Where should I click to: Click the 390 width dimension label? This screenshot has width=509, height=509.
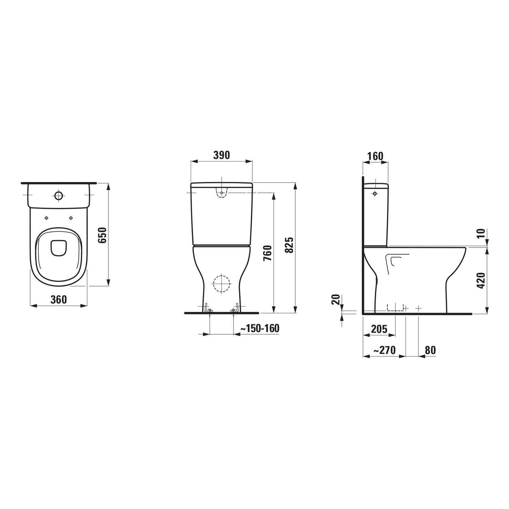point(222,155)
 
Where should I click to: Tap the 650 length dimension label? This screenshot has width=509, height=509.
point(102,235)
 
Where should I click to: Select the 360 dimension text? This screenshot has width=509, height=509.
point(59,300)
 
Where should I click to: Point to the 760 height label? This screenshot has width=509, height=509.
point(267,253)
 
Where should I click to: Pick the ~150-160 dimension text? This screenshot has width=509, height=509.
point(260,328)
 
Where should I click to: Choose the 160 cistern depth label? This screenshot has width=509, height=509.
point(375,156)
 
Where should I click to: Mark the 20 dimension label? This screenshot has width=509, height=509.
point(336,300)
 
